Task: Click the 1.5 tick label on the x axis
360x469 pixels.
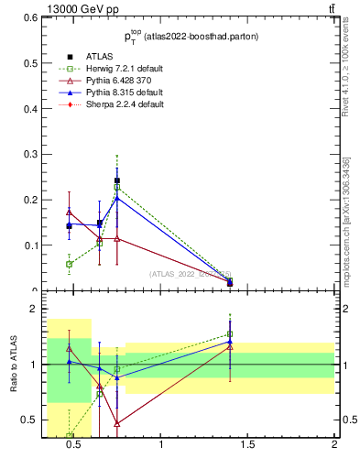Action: [x=249, y=445]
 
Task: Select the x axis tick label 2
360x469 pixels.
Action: [x=335, y=445]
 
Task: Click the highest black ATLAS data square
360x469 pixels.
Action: [x=117, y=181]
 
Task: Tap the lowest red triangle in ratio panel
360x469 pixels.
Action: [x=117, y=423]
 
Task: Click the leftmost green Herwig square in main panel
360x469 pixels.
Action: [x=69, y=264]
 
